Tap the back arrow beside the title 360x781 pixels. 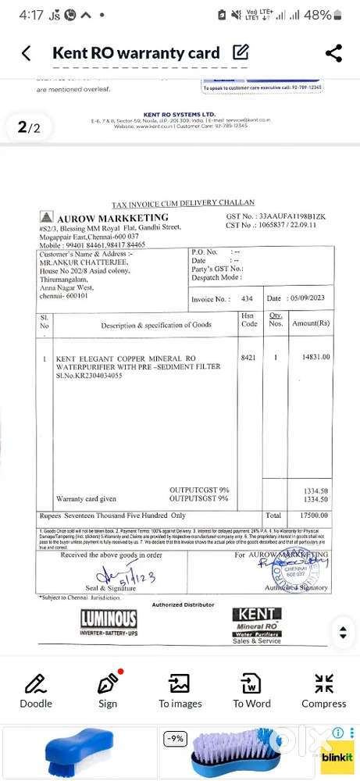pos(27,53)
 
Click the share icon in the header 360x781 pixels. pos(333,53)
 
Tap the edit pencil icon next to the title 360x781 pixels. pos(241,53)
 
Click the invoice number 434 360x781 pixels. pos(247,299)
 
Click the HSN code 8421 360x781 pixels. pos(248,357)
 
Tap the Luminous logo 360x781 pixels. pos(109,622)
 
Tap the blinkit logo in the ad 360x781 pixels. pos(337,756)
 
